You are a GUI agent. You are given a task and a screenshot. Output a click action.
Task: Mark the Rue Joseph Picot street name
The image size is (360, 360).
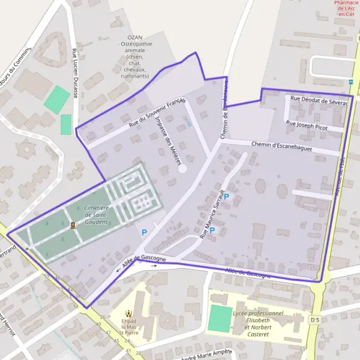coord(307,125)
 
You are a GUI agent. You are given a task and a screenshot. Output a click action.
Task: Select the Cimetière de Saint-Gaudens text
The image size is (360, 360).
coord(96,214)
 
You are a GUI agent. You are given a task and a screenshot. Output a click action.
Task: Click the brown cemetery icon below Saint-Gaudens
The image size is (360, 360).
coord(73,225)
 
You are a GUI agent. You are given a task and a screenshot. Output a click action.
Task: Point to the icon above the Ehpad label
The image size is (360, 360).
coord(128,312)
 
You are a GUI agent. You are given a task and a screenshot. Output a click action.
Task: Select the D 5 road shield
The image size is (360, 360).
coord(316,321)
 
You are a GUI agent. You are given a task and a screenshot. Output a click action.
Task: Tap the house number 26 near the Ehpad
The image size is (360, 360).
coord(103,317)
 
